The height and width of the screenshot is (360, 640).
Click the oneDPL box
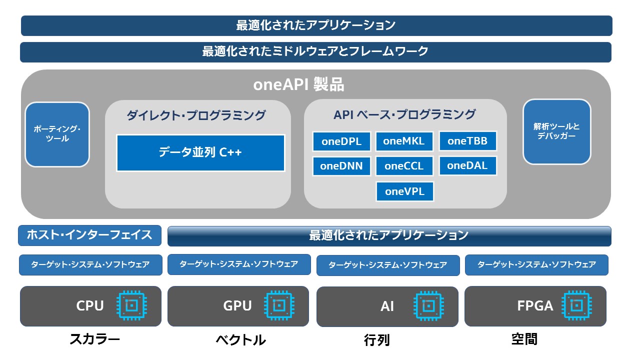[341, 141]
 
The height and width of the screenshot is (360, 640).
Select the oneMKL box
[404, 141]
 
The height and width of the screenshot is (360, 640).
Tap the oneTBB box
[467, 141]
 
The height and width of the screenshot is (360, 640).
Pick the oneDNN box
[341, 166]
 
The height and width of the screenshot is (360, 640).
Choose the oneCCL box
[404, 166]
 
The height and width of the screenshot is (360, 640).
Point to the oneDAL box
[467, 165]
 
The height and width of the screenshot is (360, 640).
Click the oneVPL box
[405, 191]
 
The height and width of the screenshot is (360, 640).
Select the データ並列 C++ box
[200, 153]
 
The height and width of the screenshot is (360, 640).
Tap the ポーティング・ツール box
[57, 134]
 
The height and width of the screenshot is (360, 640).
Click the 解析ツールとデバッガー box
[557, 131]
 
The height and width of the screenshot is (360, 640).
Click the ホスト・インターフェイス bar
[89, 235]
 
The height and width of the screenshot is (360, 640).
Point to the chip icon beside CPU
[131, 305]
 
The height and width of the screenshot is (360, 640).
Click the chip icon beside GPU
[279, 305]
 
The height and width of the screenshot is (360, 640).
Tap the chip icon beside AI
[428, 306]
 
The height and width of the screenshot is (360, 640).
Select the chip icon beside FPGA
[576, 305]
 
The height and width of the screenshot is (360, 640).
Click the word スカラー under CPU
[95, 339]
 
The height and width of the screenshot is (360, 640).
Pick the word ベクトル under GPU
[241, 340]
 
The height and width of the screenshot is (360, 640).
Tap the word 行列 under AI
[377, 340]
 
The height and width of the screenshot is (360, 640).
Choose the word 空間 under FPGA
[524, 339]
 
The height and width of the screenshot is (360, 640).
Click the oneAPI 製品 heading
[299, 84]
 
